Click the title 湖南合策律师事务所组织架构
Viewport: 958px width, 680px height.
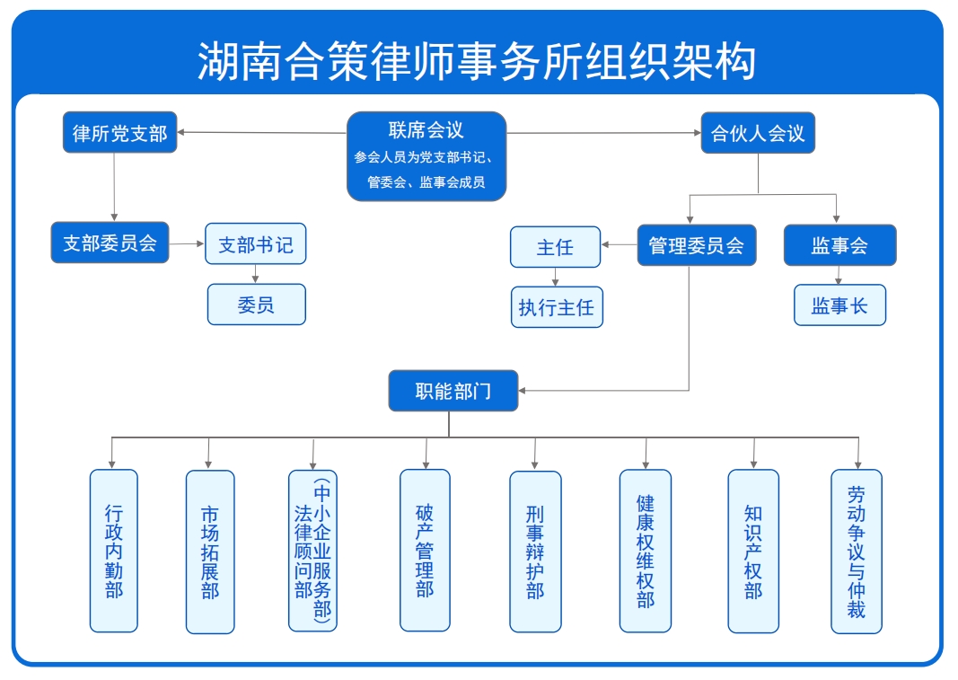477,60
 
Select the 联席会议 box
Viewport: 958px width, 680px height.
426,156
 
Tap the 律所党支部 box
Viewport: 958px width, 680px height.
119,133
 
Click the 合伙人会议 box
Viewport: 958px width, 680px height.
758,133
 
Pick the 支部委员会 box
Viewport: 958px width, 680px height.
110,243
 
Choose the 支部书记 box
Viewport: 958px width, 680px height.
256,243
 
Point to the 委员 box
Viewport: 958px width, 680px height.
256,305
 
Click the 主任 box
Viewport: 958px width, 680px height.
555,247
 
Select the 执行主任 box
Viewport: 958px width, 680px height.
556,307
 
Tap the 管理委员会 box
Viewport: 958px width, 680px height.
697,244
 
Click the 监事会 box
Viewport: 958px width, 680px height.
839,244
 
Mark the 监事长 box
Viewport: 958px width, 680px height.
839,305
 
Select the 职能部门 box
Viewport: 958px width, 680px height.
453,391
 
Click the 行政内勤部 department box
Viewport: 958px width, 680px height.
114,551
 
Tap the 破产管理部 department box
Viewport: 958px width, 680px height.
425,550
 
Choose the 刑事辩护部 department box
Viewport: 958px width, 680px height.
535,551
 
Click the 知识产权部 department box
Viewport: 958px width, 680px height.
753,551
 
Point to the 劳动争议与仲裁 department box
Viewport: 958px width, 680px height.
857,551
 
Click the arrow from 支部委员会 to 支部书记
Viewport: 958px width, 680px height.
187,243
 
